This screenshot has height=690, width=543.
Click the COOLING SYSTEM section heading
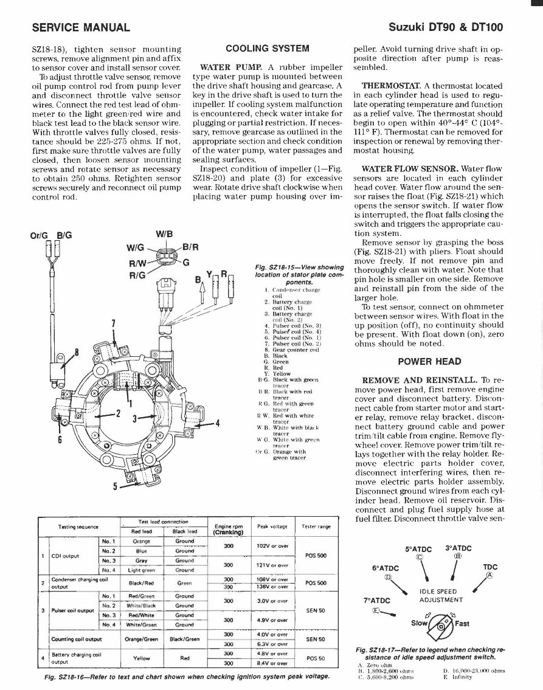(267, 49)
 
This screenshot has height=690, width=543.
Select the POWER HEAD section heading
(429, 362)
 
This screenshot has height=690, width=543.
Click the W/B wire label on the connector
(164, 235)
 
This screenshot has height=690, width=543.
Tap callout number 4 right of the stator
(217, 423)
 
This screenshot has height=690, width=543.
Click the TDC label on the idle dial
(490, 567)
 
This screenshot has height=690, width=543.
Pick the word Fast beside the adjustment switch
(462, 623)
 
